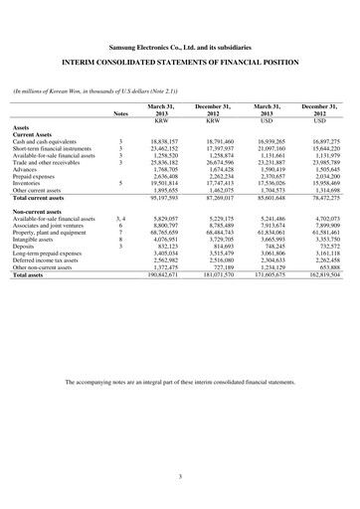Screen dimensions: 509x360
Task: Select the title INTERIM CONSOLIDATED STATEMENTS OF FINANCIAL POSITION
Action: pos(180,63)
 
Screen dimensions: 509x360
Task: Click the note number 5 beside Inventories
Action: pos(120,183)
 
